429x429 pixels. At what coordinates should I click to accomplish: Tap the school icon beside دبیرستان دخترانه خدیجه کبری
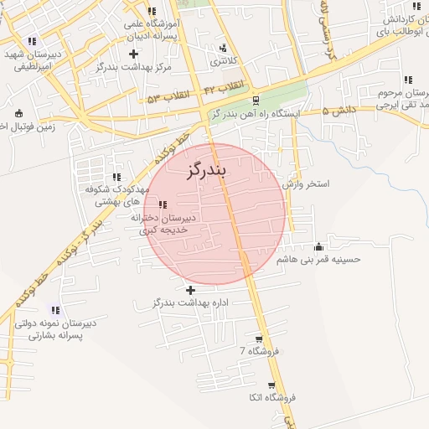[x=163, y=204]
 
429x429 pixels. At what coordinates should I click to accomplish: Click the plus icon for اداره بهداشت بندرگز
[x=191, y=290]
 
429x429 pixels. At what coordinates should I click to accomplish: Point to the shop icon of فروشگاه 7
[x=259, y=339]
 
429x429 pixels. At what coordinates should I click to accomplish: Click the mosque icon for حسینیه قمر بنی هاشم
[x=318, y=246]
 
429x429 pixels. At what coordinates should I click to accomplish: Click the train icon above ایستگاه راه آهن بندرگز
[x=256, y=100]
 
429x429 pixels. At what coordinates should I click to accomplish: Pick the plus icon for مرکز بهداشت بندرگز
[x=133, y=54]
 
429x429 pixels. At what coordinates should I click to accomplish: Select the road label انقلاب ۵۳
[x=165, y=98]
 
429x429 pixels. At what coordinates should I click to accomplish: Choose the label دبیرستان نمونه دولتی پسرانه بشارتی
[x=54, y=328]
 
